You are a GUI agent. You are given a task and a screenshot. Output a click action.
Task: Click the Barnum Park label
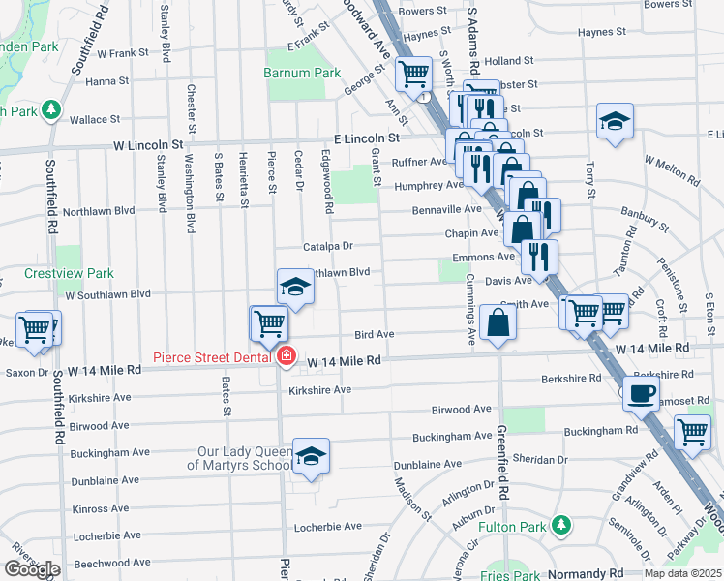pyautogui.click(x=302, y=73)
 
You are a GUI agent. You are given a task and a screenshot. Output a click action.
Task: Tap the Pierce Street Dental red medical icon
pyautogui.click(x=286, y=357)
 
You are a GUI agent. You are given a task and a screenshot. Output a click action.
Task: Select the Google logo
pyautogui.click(x=32, y=569)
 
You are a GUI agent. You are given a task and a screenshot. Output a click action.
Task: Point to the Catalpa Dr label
pyautogui.click(x=327, y=247)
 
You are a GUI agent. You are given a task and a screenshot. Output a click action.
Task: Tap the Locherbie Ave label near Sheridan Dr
pyautogui.click(x=326, y=527)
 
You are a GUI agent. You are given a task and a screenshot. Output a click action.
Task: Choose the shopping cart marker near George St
pyautogui.click(x=413, y=73)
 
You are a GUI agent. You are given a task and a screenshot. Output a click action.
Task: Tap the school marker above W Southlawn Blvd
pyautogui.click(x=295, y=286)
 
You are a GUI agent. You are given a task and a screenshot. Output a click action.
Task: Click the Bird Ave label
pyautogui.click(x=374, y=334)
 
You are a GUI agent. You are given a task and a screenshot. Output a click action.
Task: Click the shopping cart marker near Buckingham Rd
pyautogui.click(x=692, y=431)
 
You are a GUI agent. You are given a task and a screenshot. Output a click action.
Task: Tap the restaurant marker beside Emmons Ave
pyautogui.click(x=538, y=257)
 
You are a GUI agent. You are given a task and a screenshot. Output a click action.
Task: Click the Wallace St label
pyautogui.click(x=94, y=120)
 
